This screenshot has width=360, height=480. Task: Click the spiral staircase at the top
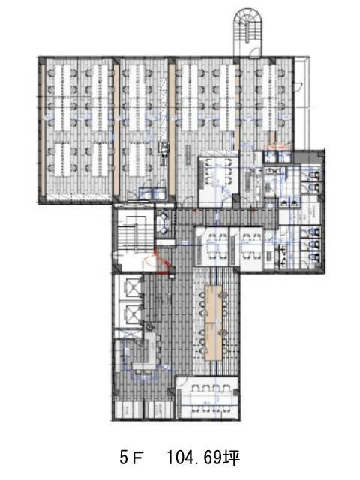(x=247, y=26)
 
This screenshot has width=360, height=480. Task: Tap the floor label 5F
(x=130, y=458)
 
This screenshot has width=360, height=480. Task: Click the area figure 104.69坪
(x=202, y=458)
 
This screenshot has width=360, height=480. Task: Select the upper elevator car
(x=132, y=288)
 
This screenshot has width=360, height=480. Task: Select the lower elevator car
(x=132, y=313)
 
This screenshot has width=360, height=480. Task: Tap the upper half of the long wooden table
(x=214, y=303)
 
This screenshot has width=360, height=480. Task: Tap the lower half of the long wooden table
(x=214, y=341)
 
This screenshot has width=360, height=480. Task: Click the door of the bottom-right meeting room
(x=181, y=382)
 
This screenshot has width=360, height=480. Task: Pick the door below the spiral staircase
(x=253, y=52)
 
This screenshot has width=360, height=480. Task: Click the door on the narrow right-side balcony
(x=298, y=86)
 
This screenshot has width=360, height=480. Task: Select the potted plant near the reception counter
(x=149, y=327)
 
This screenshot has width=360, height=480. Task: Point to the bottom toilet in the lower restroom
(x=315, y=256)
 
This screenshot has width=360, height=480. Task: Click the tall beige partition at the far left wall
(x=43, y=129)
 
